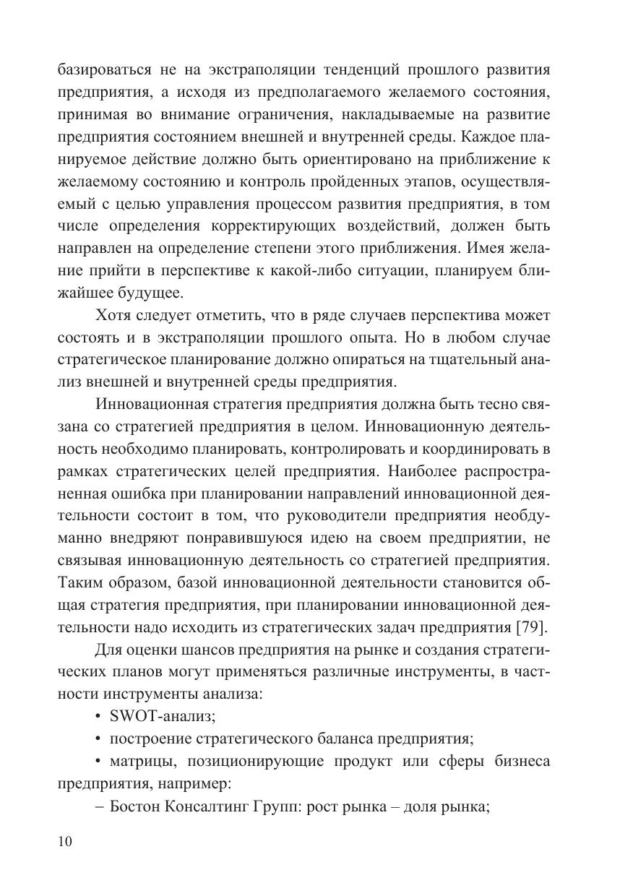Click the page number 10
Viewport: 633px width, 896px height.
tap(64, 842)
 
